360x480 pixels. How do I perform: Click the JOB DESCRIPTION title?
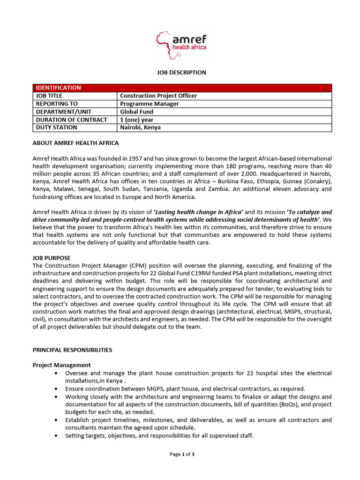point(181,73)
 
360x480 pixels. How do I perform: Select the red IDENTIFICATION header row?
point(182,88)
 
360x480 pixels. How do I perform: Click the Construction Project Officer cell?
point(158,96)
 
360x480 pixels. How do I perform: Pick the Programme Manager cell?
point(150,104)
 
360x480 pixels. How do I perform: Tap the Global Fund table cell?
point(136,112)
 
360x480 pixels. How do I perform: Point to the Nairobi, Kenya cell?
point(140,127)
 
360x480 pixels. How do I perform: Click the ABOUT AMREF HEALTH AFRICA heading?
point(75,143)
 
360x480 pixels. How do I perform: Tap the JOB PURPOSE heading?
point(52,258)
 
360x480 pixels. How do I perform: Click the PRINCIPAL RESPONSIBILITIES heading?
point(72,350)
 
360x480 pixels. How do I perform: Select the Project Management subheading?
point(61,365)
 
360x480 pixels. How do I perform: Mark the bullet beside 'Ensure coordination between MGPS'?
point(56,389)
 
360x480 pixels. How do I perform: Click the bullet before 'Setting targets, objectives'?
point(56,436)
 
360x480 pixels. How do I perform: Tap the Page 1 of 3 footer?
point(182,454)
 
